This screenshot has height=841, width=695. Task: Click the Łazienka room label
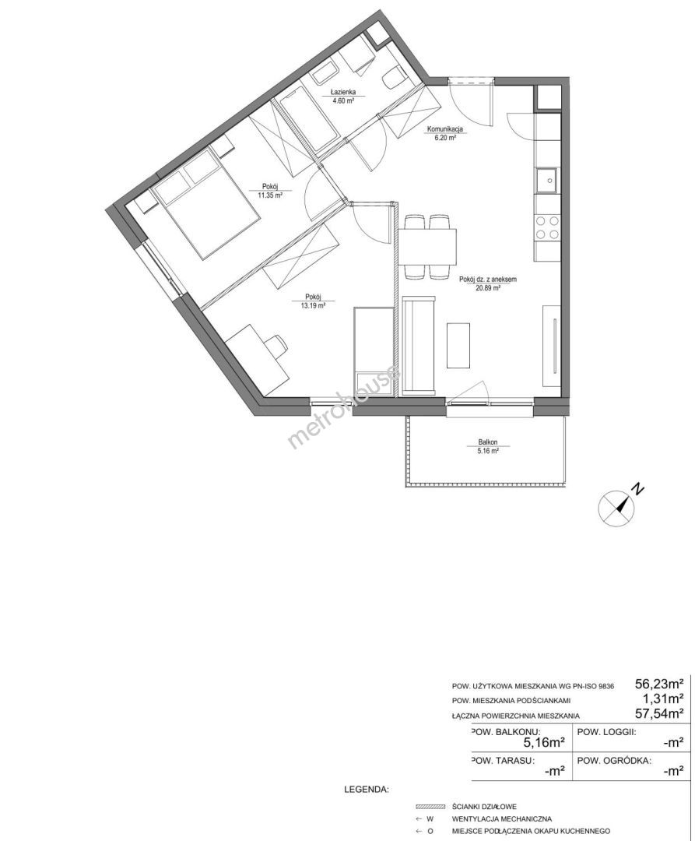[x=342, y=92]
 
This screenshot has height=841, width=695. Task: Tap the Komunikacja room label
[x=444, y=128]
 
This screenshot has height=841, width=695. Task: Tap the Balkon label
[x=488, y=442]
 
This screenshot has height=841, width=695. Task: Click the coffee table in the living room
[x=458, y=345]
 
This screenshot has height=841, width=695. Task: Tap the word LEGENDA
[x=367, y=790]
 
